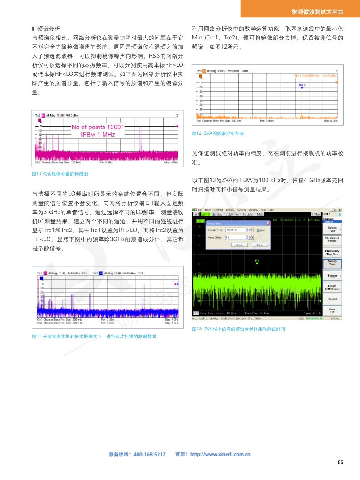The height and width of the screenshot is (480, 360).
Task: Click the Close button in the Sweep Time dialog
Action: pos(239,245)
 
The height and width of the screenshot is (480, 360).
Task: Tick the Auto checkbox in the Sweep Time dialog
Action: pos(259,230)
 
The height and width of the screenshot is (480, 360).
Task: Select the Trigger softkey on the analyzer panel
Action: pos(332,275)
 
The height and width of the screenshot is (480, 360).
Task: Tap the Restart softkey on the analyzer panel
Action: pos(332,299)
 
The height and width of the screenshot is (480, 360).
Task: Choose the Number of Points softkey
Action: pos(332,239)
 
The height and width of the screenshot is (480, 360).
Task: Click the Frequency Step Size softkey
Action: pos(332,252)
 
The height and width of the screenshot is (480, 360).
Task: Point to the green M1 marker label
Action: pos(257,260)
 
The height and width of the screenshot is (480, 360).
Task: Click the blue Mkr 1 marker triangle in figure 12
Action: pos(301,88)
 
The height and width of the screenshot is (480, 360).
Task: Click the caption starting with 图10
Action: pos(59,174)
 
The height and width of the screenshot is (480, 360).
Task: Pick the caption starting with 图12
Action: pos(218,133)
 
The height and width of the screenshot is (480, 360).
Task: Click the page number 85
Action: pos(340,462)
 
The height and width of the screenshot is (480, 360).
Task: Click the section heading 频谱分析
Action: pos(49,28)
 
